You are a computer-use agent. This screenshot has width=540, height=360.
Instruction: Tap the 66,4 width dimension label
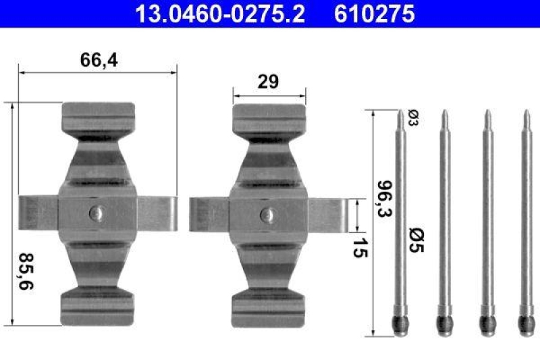99,60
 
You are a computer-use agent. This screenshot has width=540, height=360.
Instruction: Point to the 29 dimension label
269,82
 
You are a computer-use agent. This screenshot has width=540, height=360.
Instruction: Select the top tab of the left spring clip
98,115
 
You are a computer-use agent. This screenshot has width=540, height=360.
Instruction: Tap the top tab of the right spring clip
269,115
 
